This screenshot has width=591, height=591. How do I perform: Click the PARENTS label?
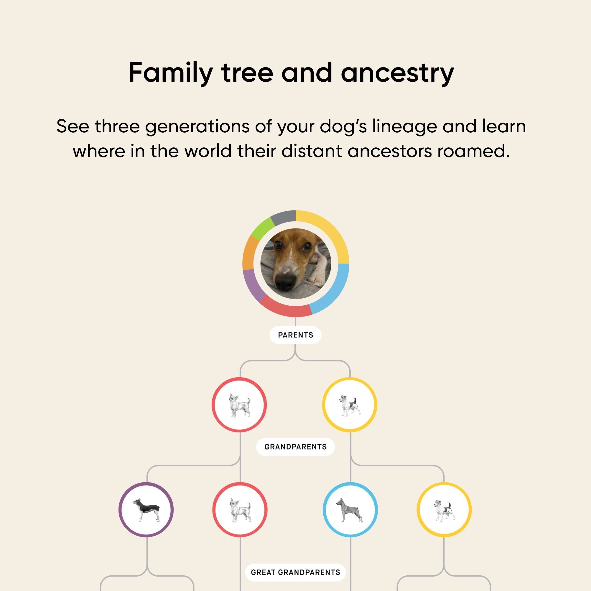(x=295, y=335)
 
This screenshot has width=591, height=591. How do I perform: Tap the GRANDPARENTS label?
(x=295, y=447)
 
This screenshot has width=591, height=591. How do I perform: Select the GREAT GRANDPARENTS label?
(x=295, y=572)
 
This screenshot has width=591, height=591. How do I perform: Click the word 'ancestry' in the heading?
(x=397, y=73)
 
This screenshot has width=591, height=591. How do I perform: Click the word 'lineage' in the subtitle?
(x=404, y=127)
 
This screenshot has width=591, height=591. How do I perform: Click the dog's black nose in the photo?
(x=286, y=281)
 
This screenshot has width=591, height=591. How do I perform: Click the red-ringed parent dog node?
(x=239, y=405)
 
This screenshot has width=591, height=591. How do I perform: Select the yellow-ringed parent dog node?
(x=350, y=405)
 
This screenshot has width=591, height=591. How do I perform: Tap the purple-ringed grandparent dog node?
(x=146, y=510)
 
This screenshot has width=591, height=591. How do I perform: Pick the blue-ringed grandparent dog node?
(x=350, y=510)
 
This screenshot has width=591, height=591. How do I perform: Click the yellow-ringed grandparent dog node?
(x=444, y=510)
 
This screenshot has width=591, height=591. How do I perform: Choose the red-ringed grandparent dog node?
(x=240, y=510)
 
